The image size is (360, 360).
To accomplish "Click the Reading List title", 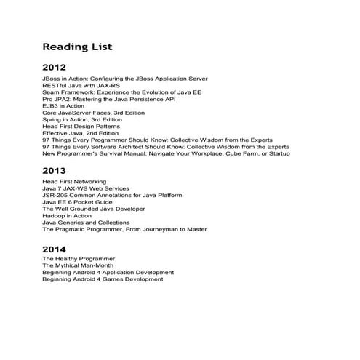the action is click(x=77, y=47).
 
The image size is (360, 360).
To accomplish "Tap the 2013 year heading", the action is click(x=55, y=171).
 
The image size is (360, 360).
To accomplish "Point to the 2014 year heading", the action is click(x=55, y=249).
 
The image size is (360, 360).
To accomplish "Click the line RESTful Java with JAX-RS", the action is click(x=81, y=85).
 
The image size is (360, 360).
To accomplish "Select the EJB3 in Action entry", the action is click(x=63, y=106).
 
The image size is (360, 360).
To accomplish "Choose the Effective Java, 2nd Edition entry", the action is click(x=80, y=133).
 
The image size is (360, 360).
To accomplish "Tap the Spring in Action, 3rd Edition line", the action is click(x=84, y=120).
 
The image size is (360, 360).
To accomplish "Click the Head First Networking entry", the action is click(x=74, y=182).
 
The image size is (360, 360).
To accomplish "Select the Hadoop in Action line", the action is click(x=67, y=216).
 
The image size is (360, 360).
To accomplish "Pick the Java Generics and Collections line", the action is click(x=86, y=223).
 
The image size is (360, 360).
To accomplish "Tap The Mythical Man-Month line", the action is click(x=77, y=265).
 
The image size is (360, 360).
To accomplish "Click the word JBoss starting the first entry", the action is click(x=51, y=79).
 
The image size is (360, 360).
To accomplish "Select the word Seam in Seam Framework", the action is click(x=50, y=92).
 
